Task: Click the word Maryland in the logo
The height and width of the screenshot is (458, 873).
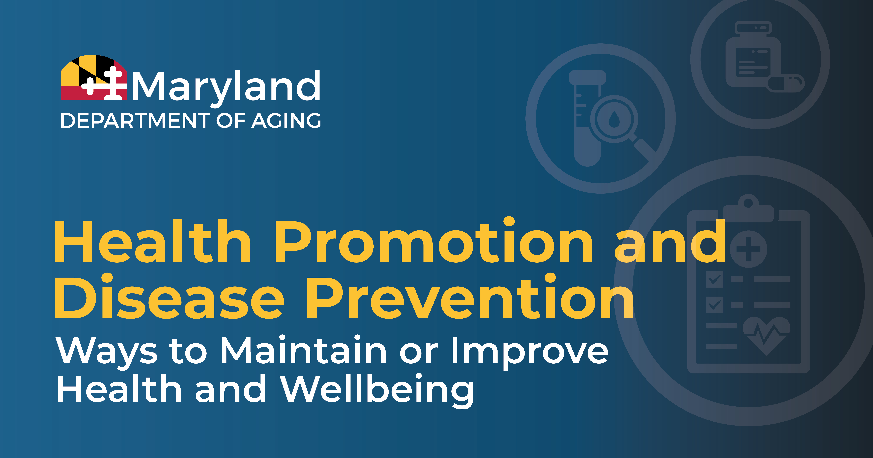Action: coord(226,86)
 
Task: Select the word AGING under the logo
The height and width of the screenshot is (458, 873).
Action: coord(286,121)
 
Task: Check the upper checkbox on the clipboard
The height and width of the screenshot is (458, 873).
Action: coord(714,280)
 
